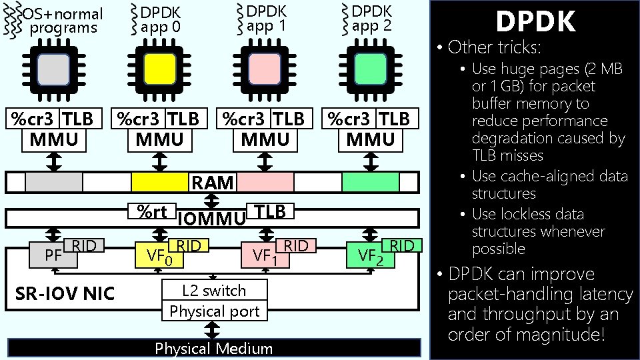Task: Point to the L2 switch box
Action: coord(214,291)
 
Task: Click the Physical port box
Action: coord(214,311)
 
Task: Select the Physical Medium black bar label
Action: coord(214,349)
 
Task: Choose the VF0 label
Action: coord(158,255)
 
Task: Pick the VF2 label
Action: coord(370,255)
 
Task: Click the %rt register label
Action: coord(151,211)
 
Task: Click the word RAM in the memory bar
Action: coord(213,183)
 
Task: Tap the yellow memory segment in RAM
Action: coord(159,182)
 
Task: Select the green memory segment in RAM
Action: coord(371,182)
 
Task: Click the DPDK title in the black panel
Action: coord(535,22)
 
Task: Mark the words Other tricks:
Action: coord(495,47)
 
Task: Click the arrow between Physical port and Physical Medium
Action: coord(213,329)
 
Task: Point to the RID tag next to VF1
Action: coord(296,246)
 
